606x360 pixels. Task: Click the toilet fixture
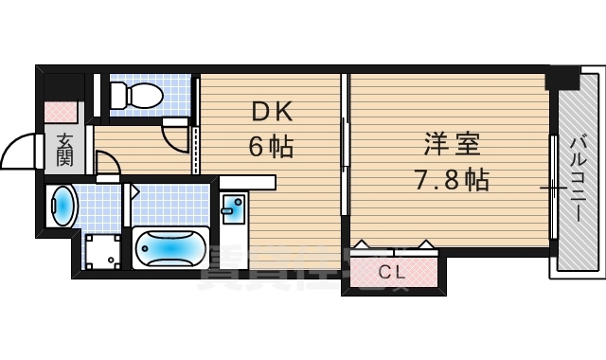pos(133,93)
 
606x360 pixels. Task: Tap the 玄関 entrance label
pos(65,149)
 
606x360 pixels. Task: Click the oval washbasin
pos(63,206)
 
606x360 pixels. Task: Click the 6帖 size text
pos(272,147)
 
